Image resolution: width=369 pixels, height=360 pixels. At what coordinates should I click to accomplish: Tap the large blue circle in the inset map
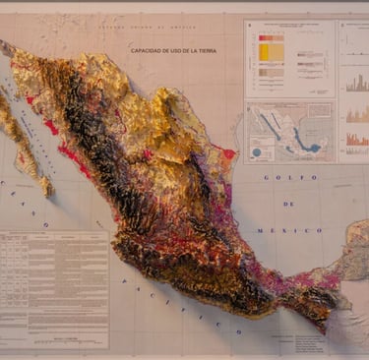258,152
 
